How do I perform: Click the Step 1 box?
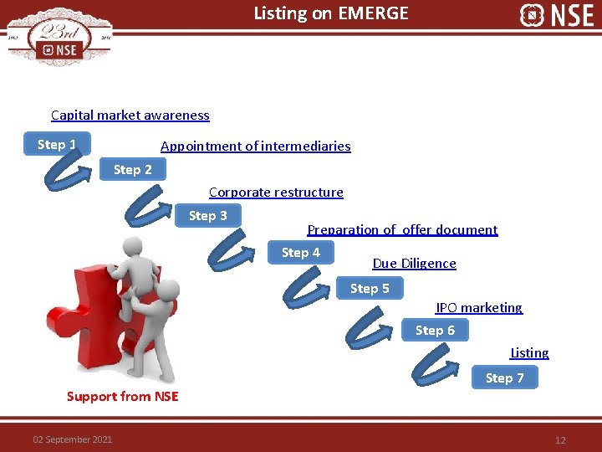click(56, 145)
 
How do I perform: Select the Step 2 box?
click(133, 170)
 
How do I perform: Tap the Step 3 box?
click(207, 216)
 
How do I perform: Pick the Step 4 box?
click(300, 253)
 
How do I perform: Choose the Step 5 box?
click(370, 289)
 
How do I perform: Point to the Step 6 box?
click(435, 331)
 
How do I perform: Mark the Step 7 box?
click(505, 378)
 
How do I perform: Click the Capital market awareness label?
click(130, 116)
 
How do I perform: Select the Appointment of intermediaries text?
click(255, 146)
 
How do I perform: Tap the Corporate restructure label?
click(276, 193)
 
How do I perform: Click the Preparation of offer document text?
click(402, 230)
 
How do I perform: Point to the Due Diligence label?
click(414, 264)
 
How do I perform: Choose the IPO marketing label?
click(479, 308)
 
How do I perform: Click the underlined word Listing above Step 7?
click(529, 353)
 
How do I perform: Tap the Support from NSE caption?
click(122, 397)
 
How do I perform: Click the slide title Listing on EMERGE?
click(331, 13)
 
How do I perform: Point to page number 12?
click(560, 440)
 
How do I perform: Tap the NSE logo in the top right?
click(556, 15)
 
